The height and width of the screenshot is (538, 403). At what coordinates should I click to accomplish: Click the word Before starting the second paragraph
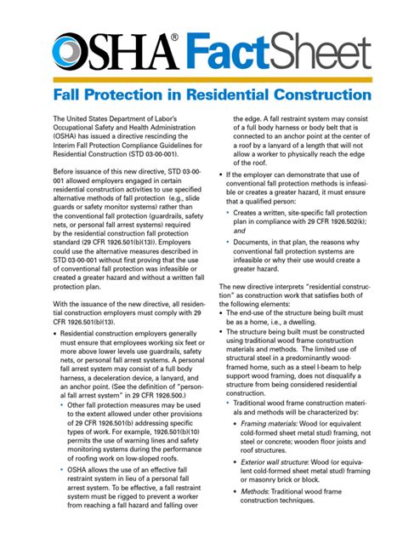click(x=67, y=174)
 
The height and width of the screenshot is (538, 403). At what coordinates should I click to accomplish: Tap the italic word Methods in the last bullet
click(x=253, y=516)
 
